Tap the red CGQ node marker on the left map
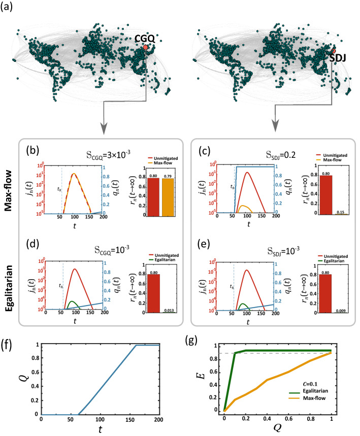pyautogui.click(x=147, y=47)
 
